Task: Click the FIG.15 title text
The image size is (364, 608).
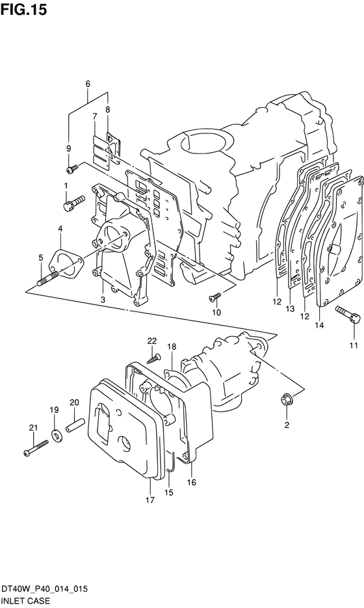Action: click(x=23, y=9)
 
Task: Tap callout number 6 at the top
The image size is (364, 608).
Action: click(x=88, y=83)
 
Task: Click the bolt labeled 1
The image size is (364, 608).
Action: click(x=73, y=203)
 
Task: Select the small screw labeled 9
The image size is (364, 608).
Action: click(x=72, y=168)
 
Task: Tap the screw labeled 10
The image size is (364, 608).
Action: click(x=214, y=297)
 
